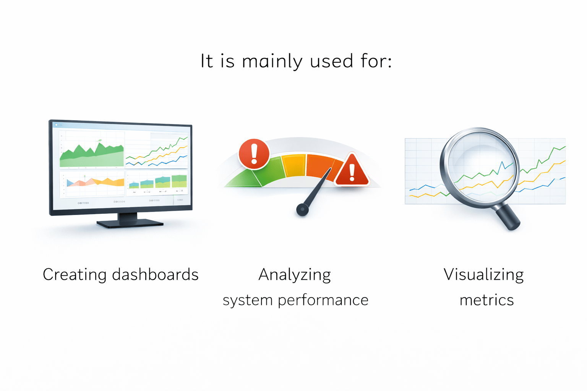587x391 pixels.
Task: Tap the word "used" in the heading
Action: (331, 61)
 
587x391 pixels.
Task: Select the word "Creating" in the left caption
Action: (74, 275)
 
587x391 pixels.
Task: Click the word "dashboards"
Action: (155, 275)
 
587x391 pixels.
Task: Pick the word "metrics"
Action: (486, 300)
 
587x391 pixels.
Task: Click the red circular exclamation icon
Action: (254, 154)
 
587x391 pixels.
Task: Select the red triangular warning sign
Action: (352, 171)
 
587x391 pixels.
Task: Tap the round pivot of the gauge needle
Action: (302, 209)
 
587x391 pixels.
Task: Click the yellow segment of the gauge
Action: (294, 165)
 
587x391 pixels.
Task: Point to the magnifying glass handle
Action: (508, 217)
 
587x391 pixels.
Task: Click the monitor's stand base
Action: (130, 223)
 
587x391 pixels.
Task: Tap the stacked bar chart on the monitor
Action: (158, 182)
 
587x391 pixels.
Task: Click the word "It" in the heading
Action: (207, 61)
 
